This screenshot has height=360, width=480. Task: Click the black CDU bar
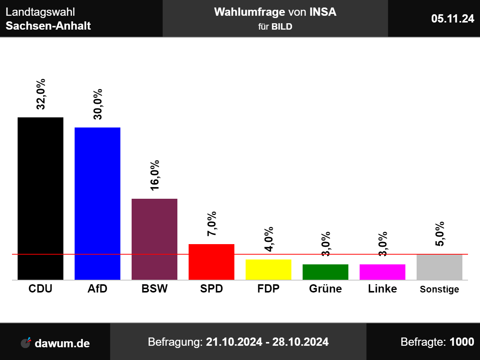pyautogui.click(x=40, y=199)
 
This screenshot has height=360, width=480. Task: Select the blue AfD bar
pyautogui.click(x=97, y=204)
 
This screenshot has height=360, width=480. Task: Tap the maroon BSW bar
pyautogui.click(x=154, y=239)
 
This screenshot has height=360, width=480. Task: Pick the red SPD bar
pyautogui.click(x=211, y=262)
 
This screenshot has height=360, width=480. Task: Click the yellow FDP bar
pyautogui.click(x=268, y=269)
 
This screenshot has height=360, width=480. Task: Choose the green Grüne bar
pyautogui.click(x=325, y=272)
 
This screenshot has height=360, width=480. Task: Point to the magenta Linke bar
pyautogui.click(x=382, y=272)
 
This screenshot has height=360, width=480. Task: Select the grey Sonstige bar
pyautogui.click(x=439, y=267)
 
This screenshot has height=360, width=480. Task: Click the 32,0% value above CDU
pyautogui.click(x=41, y=94)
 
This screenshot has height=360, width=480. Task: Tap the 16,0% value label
pyautogui.click(x=155, y=175)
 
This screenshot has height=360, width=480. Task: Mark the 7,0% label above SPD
pyautogui.click(x=212, y=223)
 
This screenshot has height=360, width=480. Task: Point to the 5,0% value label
pyautogui.click(x=440, y=234)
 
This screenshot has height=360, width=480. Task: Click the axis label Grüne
pyautogui.click(x=325, y=289)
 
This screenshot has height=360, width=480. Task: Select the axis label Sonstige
pyautogui.click(x=439, y=289)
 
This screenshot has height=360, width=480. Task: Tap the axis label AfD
pyautogui.click(x=97, y=289)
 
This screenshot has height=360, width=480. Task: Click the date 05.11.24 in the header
pyautogui.click(x=453, y=18)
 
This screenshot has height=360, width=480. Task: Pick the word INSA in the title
pyautogui.click(x=322, y=12)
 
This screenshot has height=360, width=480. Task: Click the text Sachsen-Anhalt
pyautogui.click(x=48, y=26)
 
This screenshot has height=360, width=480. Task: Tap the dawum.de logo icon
pyautogui.click(x=26, y=342)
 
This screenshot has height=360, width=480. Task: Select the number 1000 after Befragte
pyautogui.click(x=462, y=342)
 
